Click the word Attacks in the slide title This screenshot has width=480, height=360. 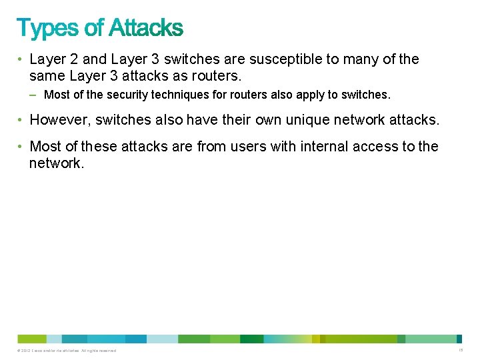click(145, 29)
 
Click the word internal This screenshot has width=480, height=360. click(309, 146)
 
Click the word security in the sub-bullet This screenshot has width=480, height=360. click(125, 95)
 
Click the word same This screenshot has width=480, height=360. click(46, 76)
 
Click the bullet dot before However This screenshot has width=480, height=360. click(21, 121)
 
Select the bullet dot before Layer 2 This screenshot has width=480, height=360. click(21, 60)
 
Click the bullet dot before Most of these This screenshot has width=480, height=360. click(21, 147)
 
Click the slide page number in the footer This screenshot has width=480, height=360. click(461, 350)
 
